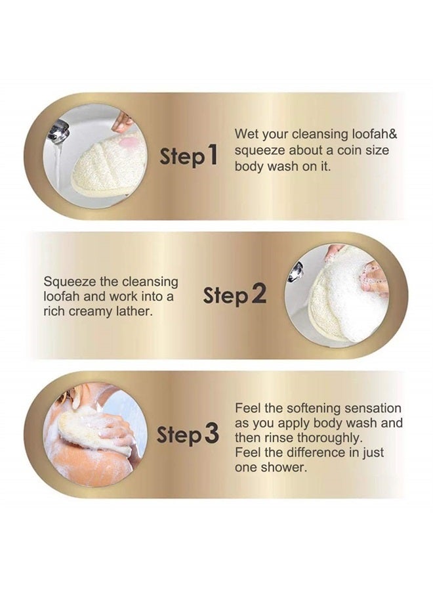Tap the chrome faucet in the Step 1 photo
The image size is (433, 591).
pyautogui.click(x=58, y=131)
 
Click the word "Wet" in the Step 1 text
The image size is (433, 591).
pyautogui.click(x=246, y=135)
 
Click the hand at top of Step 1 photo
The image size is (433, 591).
pyautogui.click(x=123, y=120)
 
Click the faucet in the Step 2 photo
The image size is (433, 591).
pyautogui.click(x=297, y=271)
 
